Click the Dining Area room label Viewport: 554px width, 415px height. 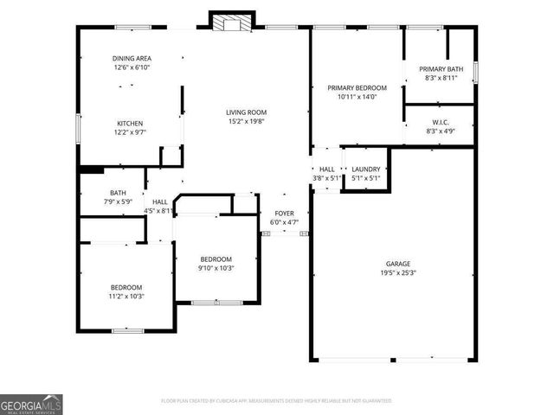pos(132,59)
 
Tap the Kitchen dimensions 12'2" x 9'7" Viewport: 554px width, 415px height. pos(130,133)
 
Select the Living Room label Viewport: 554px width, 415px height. pos(246,112)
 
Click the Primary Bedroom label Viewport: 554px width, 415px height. pos(356,88)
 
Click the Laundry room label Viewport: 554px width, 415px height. pos(365,169)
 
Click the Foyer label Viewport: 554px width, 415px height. pos(286,213)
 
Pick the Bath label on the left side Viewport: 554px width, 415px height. pos(118,193)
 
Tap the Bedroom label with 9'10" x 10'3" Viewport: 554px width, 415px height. pos(216,259)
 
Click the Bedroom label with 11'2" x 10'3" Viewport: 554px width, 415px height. pos(126,287)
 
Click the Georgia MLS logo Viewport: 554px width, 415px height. pos(31,404)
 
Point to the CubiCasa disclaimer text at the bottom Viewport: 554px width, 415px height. pos(276,401)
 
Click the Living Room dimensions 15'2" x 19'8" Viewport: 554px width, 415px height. pos(246,122)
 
